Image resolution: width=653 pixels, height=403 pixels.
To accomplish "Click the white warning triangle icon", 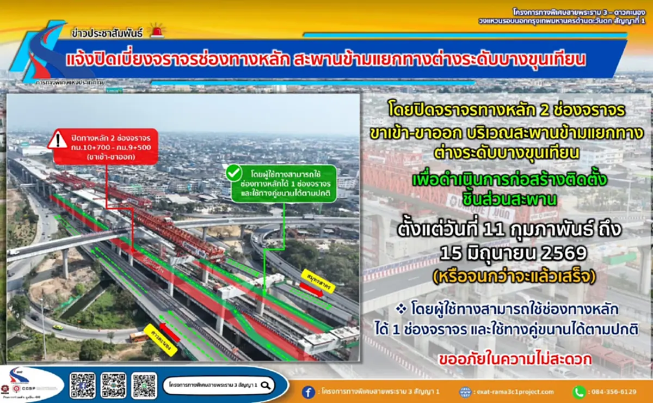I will tap(57, 141).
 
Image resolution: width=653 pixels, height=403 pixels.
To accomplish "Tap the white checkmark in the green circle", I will tap(234, 174).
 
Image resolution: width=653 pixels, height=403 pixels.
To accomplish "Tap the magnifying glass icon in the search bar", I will tap(266, 385).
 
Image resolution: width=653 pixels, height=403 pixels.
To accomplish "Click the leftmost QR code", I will tap(83, 385).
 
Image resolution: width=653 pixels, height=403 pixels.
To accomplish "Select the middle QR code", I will tap(113, 385).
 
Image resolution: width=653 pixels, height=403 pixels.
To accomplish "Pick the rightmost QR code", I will tap(144, 385).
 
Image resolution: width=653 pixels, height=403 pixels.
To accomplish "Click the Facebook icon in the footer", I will tap(309, 392).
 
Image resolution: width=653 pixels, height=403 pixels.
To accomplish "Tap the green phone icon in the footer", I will tap(578, 392).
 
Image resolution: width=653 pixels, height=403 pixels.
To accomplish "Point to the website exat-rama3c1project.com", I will tap(514, 392).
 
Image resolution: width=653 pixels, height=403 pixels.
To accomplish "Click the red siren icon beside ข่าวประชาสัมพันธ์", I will tap(157, 32).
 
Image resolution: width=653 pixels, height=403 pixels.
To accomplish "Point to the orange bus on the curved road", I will tap(139, 337).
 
